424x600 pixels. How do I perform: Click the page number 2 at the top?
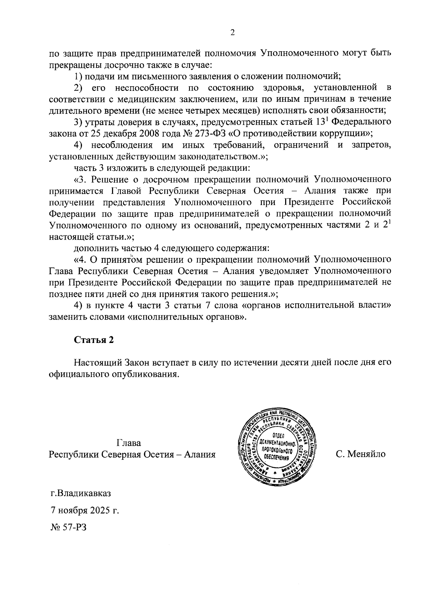tap(232, 33)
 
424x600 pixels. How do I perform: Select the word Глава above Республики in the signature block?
tap(128, 443)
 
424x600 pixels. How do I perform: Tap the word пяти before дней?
tap(88, 293)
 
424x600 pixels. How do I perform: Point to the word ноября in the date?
tap(69, 511)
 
